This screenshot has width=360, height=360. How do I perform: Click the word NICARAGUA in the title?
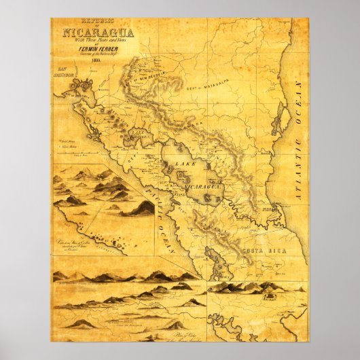coord(100,33)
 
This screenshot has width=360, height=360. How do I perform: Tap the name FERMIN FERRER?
coord(100,52)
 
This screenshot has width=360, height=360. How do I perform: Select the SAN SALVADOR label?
coord(66,75)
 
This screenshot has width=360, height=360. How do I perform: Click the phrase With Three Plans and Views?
coord(100,41)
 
